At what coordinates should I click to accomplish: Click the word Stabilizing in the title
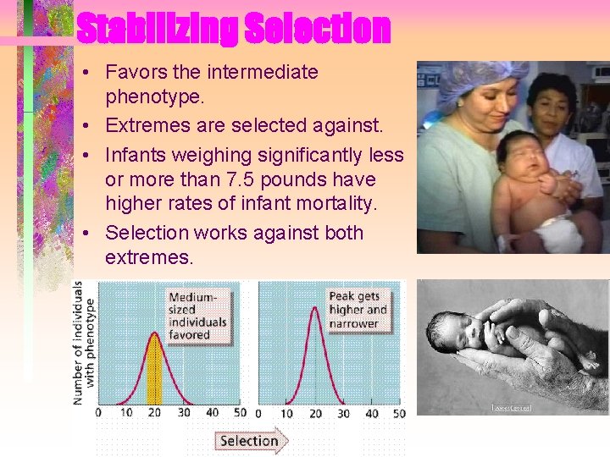157,29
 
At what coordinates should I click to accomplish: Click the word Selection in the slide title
317,29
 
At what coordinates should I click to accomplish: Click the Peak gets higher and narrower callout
358,310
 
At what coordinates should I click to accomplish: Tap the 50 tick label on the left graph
240,414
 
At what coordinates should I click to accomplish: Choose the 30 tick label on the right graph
343,414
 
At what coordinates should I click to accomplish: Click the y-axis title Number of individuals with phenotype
83,343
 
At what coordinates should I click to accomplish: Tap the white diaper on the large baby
557,234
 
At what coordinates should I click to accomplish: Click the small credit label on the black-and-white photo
511,408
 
